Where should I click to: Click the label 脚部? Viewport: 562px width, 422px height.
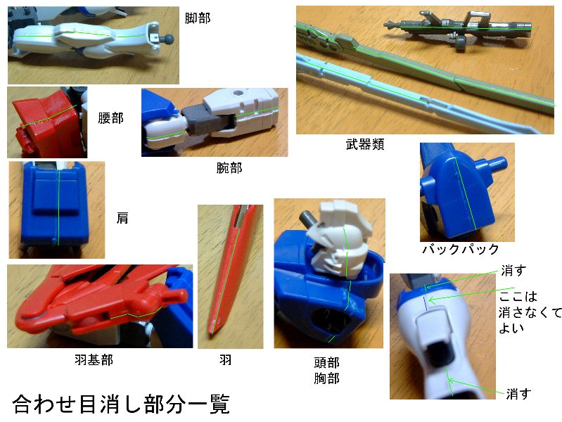click(198, 18)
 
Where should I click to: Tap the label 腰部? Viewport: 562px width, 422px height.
click(110, 118)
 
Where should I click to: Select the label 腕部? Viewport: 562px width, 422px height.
click(229, 167)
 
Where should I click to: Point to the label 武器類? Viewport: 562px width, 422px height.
click(365, 144)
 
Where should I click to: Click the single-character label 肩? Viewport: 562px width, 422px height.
click(122, 217)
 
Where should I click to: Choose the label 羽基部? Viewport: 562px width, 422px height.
click(94, 359)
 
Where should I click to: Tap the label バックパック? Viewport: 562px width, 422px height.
click(461, 249)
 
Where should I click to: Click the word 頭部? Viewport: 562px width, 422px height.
click(326, 362)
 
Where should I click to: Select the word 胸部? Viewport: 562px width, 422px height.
click(326, 378)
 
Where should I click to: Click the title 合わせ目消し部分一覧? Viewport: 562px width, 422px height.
click(121, 404)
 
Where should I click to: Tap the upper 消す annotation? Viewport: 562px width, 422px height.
click(513, 270)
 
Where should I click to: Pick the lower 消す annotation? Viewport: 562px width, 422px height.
click(518, 394)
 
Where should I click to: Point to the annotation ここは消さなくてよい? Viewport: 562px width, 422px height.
click(530, 312)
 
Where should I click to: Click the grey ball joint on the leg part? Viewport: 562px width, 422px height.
click(168, 39)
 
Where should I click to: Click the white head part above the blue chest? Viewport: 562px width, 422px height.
click(340, 240)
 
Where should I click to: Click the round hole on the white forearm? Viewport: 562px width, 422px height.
click(237, 94)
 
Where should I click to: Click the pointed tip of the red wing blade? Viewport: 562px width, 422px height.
click(211, 335)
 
